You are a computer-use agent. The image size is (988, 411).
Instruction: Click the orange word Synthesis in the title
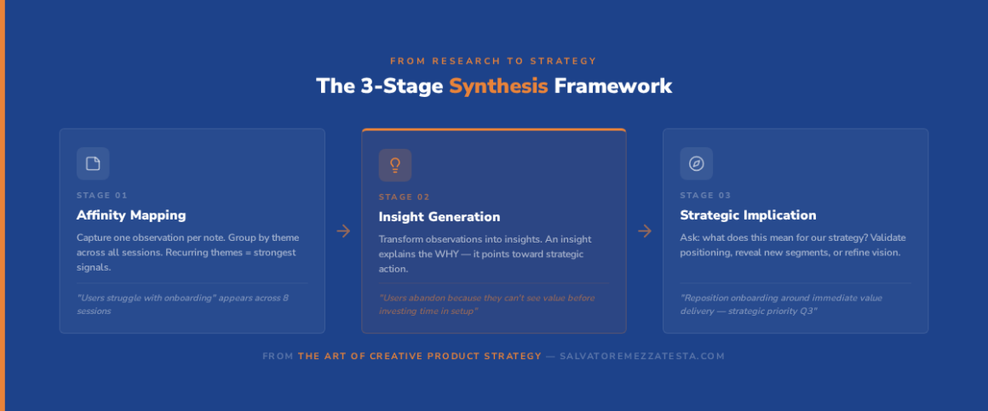click(498, 86)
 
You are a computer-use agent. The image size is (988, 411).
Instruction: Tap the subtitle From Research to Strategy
click(493, 61)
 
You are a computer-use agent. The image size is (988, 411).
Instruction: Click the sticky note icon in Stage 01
click(93, 163)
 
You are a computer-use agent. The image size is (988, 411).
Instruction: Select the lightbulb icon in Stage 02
click(395, 165)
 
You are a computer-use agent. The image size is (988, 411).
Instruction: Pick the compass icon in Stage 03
click(696, 163)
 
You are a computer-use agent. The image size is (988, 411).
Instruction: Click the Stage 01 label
click(102, 195)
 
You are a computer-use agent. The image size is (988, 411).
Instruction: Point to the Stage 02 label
click(404, 197)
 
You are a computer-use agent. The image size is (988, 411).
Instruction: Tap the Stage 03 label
click(706, 195)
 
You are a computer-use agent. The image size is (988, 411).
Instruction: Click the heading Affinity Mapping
click(131, 215)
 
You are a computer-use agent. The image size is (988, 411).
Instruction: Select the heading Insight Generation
click(439, 217)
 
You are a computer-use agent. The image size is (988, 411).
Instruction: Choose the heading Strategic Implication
click(748, 215)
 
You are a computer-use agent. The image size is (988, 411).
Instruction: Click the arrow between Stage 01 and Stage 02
click(343, 231)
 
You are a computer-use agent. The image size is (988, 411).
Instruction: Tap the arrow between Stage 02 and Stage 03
click(645, 231)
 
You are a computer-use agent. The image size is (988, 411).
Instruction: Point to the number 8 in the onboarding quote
click(285, 298)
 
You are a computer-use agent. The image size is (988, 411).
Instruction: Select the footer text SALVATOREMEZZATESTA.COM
click(642, 357)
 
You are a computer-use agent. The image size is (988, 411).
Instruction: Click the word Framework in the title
click(613, 86)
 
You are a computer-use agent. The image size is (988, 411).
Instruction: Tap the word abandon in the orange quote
click(428, 298)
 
